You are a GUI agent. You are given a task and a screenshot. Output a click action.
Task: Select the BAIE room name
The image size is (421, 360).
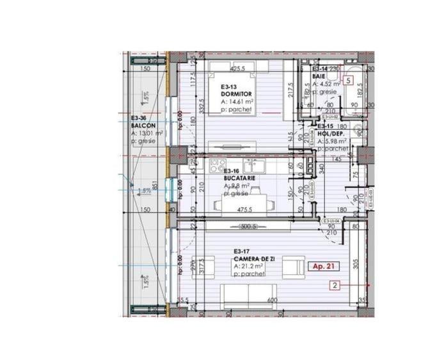319,77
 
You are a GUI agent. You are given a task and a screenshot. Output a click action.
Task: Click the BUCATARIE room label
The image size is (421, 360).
240,178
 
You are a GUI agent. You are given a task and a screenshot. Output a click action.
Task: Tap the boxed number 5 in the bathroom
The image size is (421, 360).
347,81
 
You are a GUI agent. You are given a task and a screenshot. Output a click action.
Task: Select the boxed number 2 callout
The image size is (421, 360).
334,285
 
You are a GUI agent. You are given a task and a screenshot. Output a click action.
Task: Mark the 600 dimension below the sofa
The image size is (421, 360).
271,299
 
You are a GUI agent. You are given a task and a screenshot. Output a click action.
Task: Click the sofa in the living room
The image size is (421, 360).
248,293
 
